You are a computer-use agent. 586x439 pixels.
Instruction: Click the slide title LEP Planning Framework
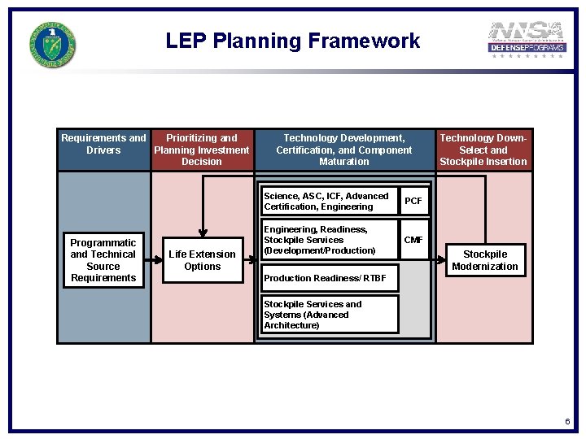click(x=293, y=41)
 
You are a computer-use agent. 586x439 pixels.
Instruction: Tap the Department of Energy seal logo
click(x=54, y=44)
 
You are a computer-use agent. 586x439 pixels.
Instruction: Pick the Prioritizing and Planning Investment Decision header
click(x=202, y=150)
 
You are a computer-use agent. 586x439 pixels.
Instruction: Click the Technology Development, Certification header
click(x=344, y=150)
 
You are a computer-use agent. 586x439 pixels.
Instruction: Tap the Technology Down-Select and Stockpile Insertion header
click(x=483, y=150)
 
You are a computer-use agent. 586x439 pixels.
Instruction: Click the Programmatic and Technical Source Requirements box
click(x=103, y=260)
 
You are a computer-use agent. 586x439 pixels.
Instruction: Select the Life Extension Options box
click(x=203, y=260)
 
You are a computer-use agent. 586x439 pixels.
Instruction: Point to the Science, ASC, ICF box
click(x=329, y=201)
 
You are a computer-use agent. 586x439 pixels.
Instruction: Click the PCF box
click(x=413, y=201)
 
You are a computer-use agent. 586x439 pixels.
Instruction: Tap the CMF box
click(x=413, y=240)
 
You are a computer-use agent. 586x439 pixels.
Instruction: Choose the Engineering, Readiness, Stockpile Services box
click(x=329, y=240)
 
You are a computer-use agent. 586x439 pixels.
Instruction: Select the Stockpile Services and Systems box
click(x=329, y=315)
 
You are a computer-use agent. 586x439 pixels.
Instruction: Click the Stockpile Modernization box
click(x=485, y=260)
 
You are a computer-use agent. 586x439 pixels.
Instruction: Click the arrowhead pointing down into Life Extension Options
click(x=203, y=233)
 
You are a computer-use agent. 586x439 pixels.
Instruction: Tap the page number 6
click(x=567, y=422)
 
